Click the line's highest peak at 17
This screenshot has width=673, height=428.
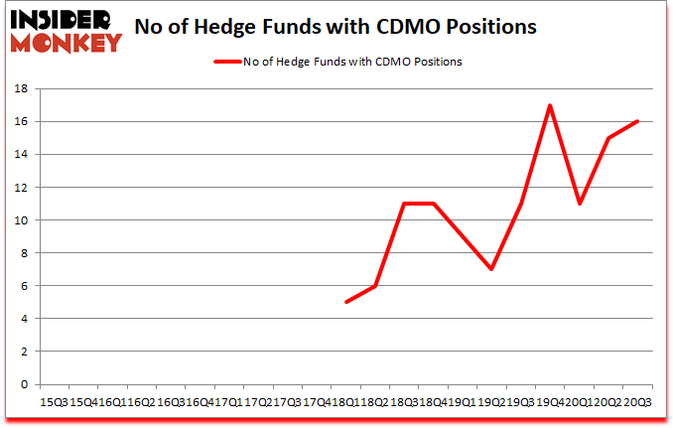[x=550, y=105]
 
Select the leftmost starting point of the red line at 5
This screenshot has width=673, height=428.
[x=345, y=302]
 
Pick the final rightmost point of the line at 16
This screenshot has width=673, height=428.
[x=637, y=121]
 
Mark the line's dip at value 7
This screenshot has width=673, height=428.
[x=491, y=269]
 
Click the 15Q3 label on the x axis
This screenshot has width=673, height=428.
[x=54, y=401]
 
